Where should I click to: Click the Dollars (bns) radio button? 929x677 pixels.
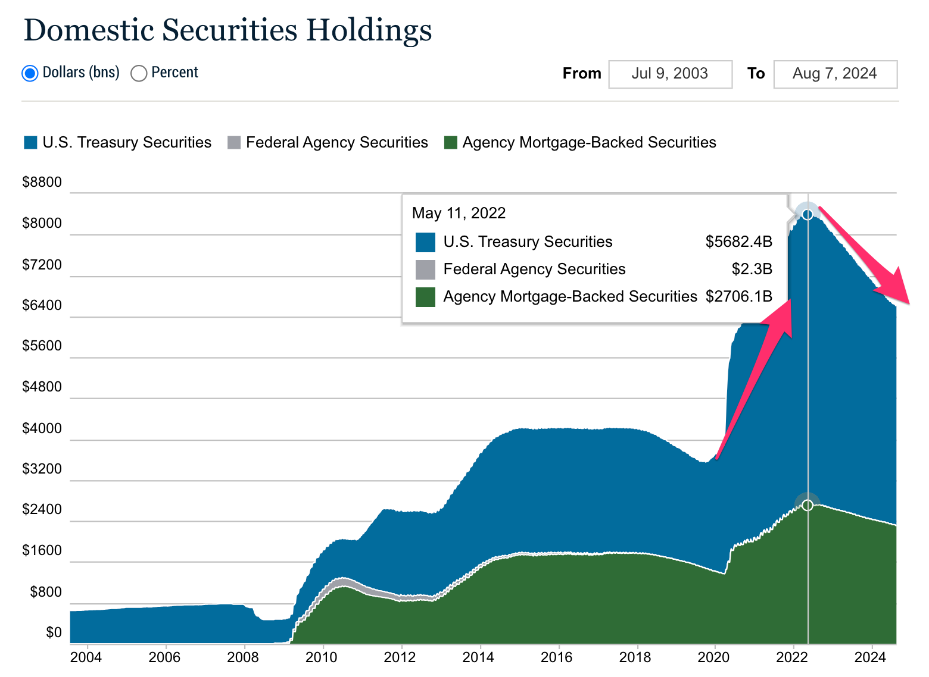tap(30, 73)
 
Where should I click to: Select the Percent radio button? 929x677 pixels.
tap(139, 73)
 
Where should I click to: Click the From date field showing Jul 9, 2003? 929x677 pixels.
tap(670, 74)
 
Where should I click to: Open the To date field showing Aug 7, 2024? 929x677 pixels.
tap(835, 74)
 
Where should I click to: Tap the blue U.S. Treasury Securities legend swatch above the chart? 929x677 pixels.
tap(30, 143)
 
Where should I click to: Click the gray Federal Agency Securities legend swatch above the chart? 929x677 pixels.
tap(234, 143)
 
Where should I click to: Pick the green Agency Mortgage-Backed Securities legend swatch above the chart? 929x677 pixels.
tap(451, 143)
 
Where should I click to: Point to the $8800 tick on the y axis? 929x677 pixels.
tap(42, 182)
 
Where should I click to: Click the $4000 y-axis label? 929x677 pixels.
tap(42, 428)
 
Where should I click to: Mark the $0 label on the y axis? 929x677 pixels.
tap(54, 632)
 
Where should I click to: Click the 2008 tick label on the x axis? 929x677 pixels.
tap(244, 657)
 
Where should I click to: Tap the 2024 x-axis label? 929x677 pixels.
tap(871, 657)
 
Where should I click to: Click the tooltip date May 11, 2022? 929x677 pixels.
tap(459, 213)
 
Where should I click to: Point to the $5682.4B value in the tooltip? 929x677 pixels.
tap(738, 242)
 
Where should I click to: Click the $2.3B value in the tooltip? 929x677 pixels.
tap(752, 269)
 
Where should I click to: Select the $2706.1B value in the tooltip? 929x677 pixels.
tap(738, 296)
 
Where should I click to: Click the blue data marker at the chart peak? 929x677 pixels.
tap(808, 214)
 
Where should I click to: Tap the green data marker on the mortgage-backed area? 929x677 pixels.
tap(808, 505)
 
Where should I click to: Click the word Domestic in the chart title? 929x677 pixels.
tap(88, 30)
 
